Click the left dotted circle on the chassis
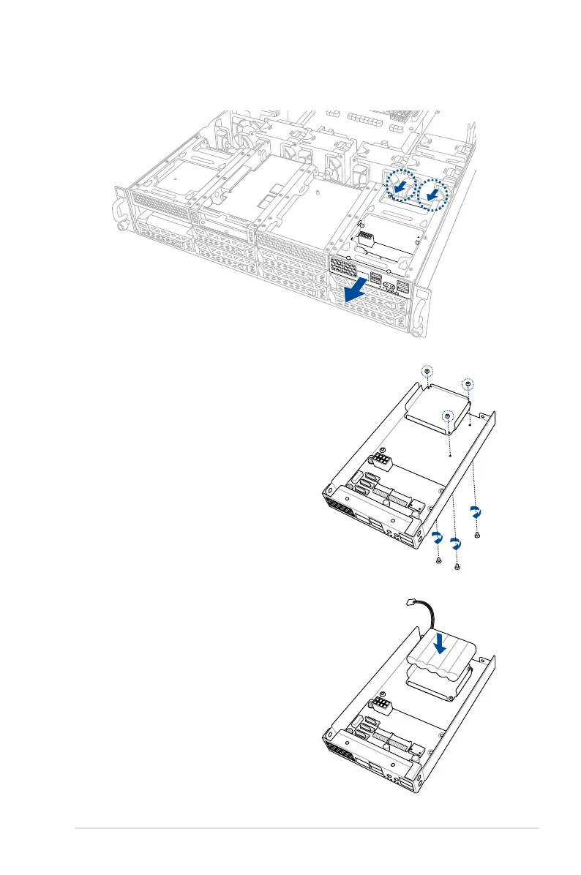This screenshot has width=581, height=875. click(x=399, y=187)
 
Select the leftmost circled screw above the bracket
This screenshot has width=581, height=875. click(x=427, y=373)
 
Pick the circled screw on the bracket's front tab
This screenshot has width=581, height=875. click(x=447, y=415)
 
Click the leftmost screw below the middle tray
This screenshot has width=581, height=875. click(x=438, y=560)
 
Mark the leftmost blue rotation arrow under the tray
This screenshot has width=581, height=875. click(x=437, y=538)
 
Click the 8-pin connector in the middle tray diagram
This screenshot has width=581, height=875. click(x=381, y=461)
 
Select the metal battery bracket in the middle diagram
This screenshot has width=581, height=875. click(x=437, y=406)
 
